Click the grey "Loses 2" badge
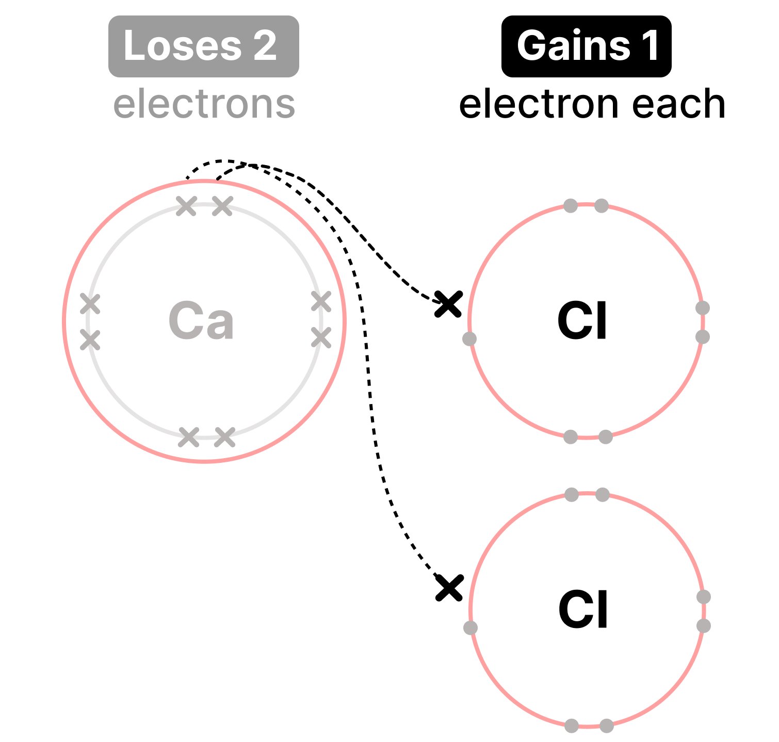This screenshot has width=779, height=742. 204,46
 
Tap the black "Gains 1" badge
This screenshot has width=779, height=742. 587,46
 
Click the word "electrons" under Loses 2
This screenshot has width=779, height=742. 204,104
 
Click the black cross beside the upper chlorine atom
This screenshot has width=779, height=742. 448,303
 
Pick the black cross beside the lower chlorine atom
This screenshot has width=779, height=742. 449,588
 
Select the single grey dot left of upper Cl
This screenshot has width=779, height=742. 469,339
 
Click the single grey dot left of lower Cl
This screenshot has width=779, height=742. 470,628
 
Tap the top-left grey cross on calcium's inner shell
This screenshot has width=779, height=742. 187,206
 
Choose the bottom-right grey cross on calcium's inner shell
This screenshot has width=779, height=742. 225,437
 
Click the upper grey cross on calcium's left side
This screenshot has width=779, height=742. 90,304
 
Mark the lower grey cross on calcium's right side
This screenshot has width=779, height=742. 321,338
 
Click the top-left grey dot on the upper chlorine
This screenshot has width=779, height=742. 570,206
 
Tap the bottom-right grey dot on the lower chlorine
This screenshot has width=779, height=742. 607,726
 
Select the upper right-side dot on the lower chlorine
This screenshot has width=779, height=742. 704,597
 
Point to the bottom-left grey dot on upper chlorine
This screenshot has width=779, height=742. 570,437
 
